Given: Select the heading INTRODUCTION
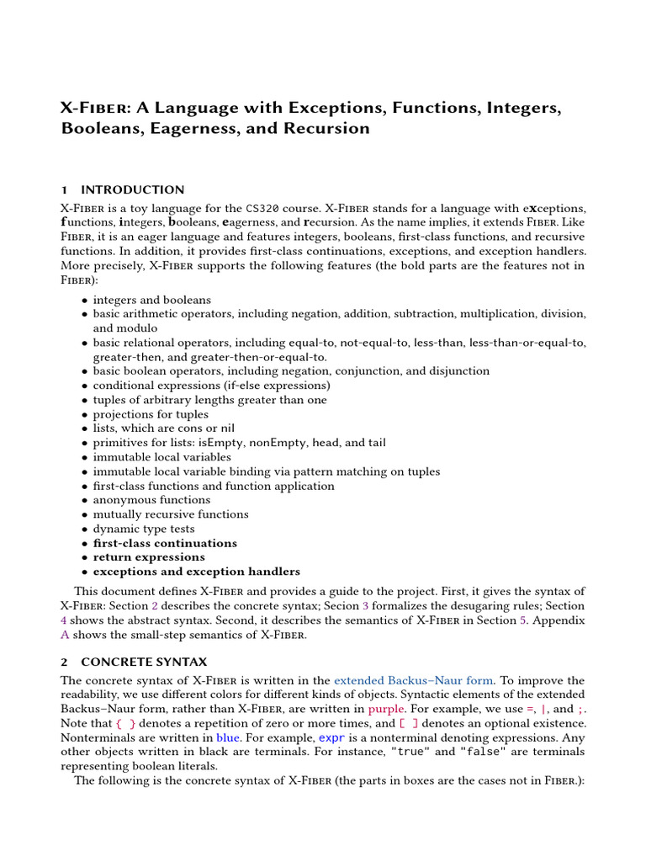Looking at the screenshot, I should coord(132,189).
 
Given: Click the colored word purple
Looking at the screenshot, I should coord(386,709).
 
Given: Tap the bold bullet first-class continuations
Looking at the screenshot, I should coord(165,543).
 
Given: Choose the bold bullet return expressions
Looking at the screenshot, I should coord(149,557).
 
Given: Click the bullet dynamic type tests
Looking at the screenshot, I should coord(144,529).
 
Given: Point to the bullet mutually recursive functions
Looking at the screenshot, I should coord(171,514).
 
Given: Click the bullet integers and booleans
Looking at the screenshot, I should coord(152,300).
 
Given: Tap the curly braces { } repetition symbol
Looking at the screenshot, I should coord(124,723).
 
